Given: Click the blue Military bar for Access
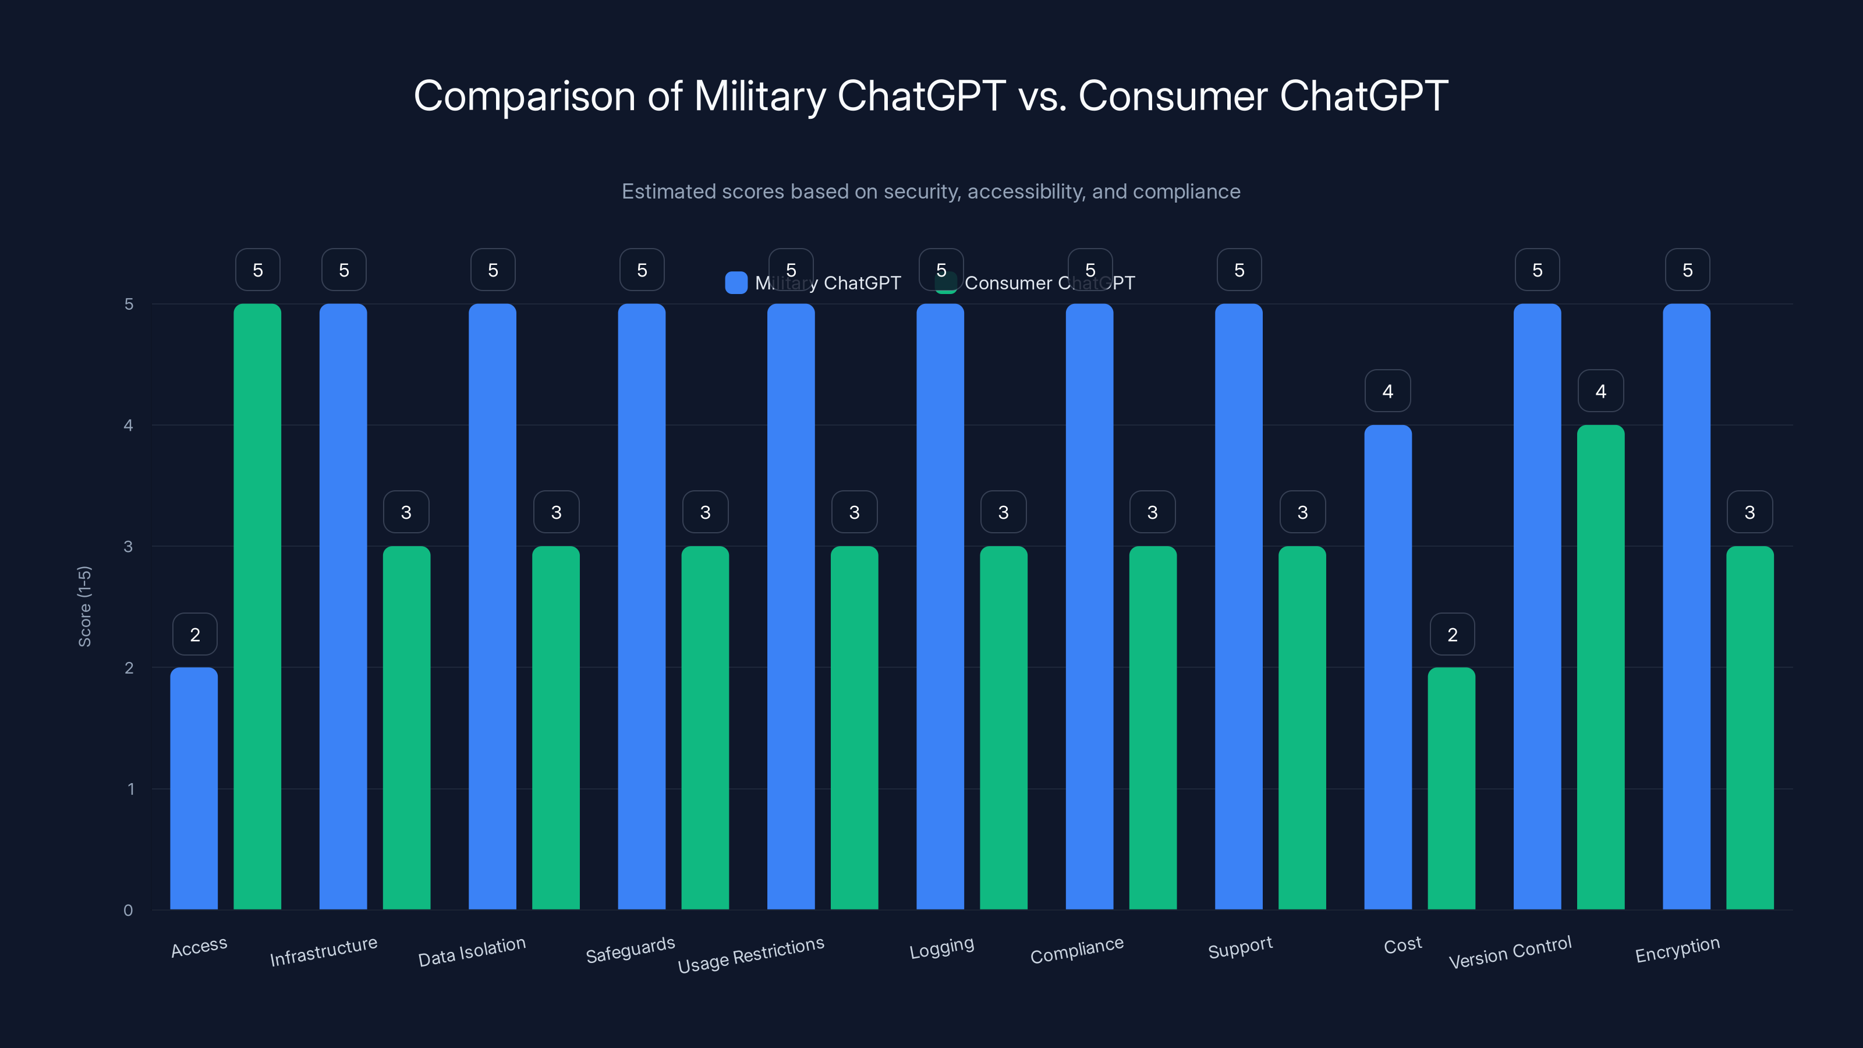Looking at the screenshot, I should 194,788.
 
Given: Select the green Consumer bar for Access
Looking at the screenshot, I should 257,607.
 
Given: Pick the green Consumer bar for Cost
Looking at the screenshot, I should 1451,788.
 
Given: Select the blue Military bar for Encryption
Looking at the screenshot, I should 1687,607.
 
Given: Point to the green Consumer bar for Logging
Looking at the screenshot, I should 1003,727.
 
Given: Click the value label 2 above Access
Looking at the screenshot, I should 194,634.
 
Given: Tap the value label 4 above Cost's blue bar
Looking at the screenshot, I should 1388,391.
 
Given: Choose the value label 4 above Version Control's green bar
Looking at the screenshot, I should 1600,391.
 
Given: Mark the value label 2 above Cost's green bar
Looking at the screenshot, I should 1452,634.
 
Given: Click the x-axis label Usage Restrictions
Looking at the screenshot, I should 750,955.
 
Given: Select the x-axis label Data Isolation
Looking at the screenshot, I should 472,951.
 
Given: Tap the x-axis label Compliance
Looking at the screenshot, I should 1077,950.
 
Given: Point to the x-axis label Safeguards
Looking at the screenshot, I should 630,950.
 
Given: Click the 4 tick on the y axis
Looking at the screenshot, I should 128,425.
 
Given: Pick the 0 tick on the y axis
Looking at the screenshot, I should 128,910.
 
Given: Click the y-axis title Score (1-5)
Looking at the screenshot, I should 84,606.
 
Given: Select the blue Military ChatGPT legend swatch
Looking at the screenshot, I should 735,283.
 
